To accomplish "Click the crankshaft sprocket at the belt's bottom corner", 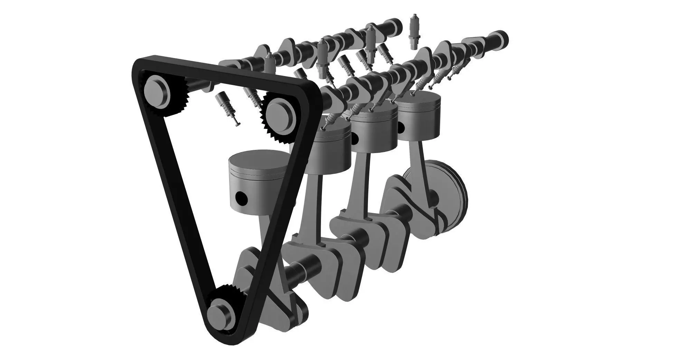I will [x=221, y=313].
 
